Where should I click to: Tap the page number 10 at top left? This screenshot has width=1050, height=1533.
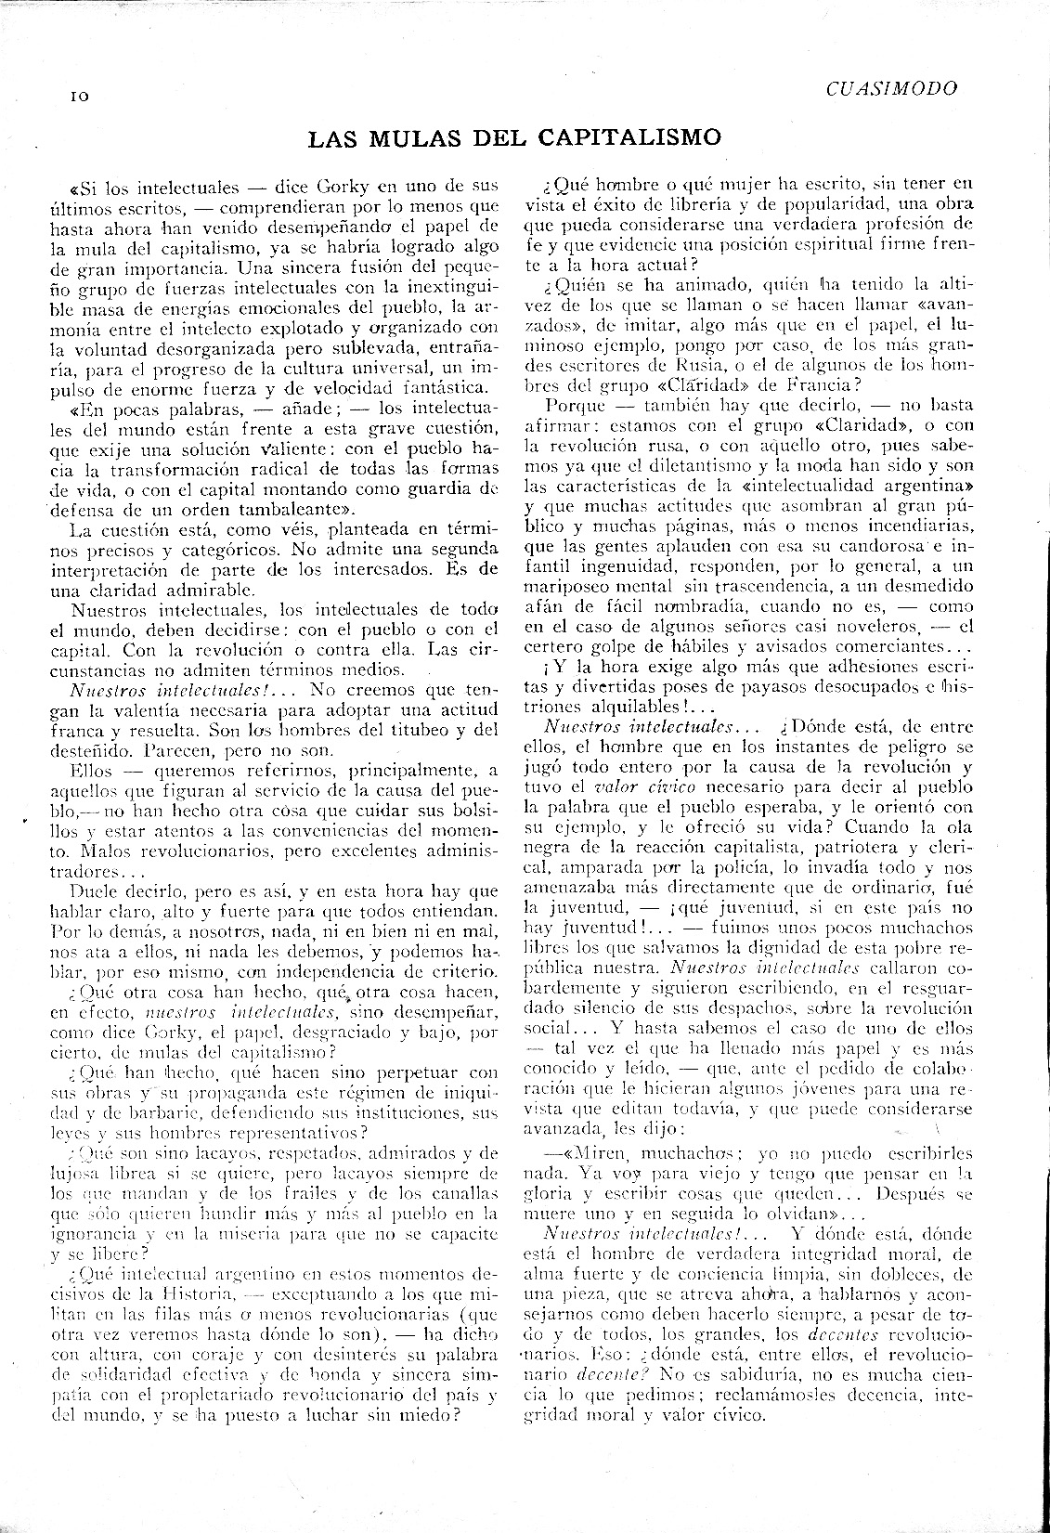tap(77, 96)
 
